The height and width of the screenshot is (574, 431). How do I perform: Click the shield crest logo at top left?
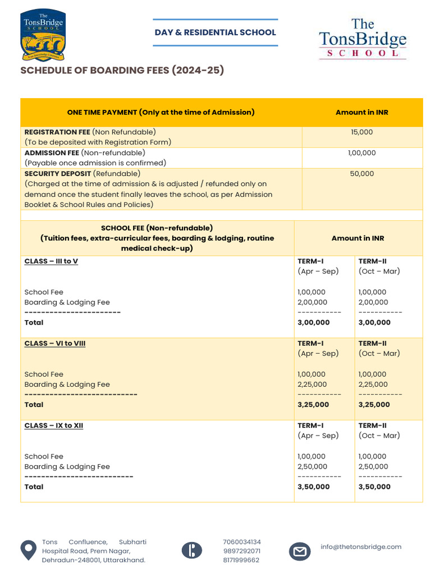pos(43,35)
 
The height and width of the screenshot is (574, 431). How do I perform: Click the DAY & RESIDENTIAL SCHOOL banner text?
pos(215,33)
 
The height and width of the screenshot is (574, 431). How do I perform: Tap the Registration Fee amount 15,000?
pos(362,132)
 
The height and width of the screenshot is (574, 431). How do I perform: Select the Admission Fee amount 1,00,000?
pos(362,153)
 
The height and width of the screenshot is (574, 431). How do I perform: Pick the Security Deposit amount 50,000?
pos(362,174)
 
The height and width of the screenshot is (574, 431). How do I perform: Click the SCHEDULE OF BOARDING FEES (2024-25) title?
pos(122,71)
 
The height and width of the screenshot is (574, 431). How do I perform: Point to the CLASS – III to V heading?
pos(51,261)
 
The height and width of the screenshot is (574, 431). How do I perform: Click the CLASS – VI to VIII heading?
pos(55,344)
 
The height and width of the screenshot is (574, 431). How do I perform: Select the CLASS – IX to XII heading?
pos(54,425)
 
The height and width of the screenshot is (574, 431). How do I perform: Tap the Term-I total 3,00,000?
pos(314,323)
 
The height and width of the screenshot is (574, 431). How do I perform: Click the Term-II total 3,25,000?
pos(374,405)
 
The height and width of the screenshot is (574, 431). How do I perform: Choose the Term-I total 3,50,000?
pos(314,487)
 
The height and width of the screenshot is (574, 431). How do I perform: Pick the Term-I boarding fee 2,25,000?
pos(312,385)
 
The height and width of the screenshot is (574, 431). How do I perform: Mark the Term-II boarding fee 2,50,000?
pos(373,467)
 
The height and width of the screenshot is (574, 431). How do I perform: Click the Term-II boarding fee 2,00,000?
pos(373,303)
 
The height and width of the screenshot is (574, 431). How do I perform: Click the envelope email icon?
pos(300,552)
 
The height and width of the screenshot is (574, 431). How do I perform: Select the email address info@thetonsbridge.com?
pos(361,547)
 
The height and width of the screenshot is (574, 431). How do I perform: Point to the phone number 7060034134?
pos(242,542)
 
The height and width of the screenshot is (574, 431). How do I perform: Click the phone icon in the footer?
pos(192,550)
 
